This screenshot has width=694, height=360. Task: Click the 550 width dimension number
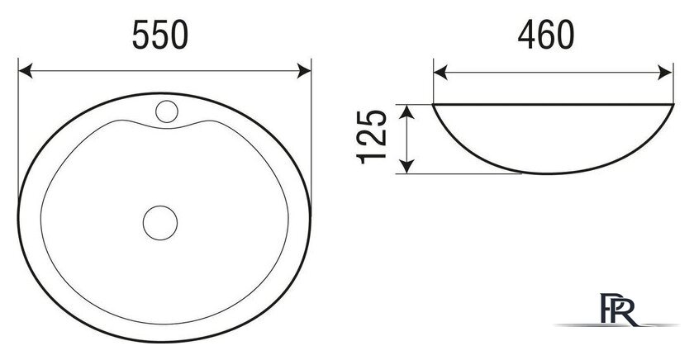pyautogui.click(x=160, y=35)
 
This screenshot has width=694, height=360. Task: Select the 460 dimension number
pyautogui.click(x=546, y=35)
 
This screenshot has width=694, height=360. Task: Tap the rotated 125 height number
pyautogui.click(x=372, y=137)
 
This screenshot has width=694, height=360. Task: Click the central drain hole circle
pyautogui.click(x=160, y=223)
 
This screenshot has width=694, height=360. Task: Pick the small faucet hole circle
pyautogui.click(x=167, y=111)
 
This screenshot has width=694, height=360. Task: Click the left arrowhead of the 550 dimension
pyautogui.click(x=26, y=71)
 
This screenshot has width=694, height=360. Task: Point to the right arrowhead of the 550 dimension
pyautogui.click(x=304, y=71)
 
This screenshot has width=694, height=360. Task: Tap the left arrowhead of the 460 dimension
pyautogui.click(x=440, y=73)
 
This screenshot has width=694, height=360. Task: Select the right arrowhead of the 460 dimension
pyautogui.click(x=666, y=73)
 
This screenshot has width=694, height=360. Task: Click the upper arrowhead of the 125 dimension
pyautogui.click(x=406, y=112)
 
